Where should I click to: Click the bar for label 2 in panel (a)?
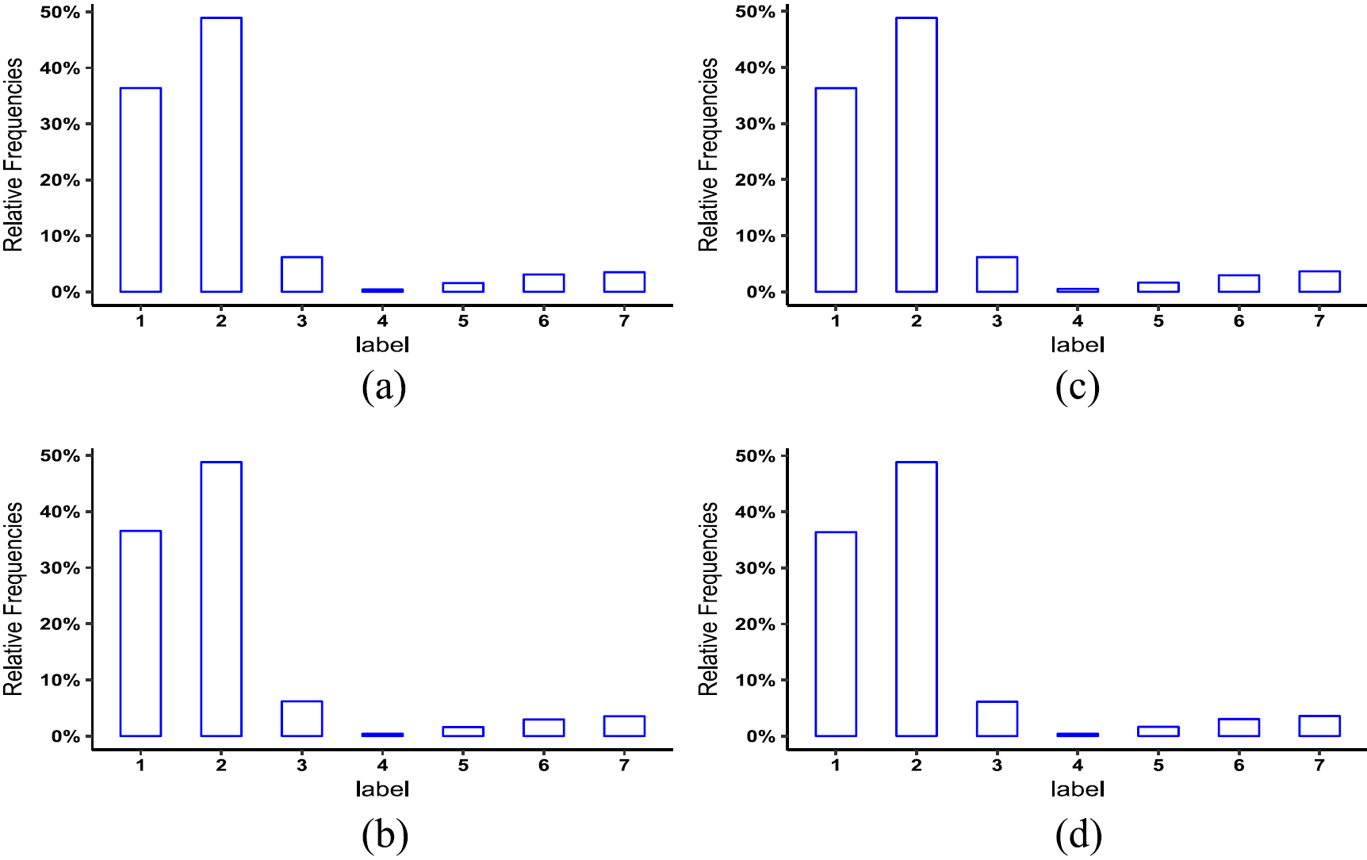click(x=221, y=155)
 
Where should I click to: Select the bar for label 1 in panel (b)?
click(x=140, y=633)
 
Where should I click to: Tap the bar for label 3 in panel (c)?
click(x=997, y=275)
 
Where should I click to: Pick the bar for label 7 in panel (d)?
click(x=1319, y=726)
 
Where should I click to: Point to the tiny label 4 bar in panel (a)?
click(x=382, y=290)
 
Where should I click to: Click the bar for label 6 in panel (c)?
click(x=1239, y=283)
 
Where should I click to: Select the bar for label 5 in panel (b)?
click(x=463, y=731)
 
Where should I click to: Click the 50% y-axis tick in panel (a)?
click(x=60, y=13)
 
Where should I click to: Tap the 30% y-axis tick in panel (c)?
click(x=755, y=125)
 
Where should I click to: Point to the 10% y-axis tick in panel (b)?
click(x=60, y=681)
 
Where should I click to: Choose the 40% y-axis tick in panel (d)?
click(x=755, y=513)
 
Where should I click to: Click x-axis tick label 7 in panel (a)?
click(x=625, y=321)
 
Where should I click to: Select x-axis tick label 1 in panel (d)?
click(x=836, y=766)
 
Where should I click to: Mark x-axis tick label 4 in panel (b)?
click(x=382, y=766)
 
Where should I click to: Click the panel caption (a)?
click(x=384, y=387)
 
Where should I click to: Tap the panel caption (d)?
click(x=1078, y=835)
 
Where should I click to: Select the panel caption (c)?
click(x=1078, y=387)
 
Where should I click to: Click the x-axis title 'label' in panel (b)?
click(x=382, y=789)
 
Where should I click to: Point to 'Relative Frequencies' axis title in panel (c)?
click(x=708, y=155)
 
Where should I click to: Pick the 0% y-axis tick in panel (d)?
click(x=760, y=737)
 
